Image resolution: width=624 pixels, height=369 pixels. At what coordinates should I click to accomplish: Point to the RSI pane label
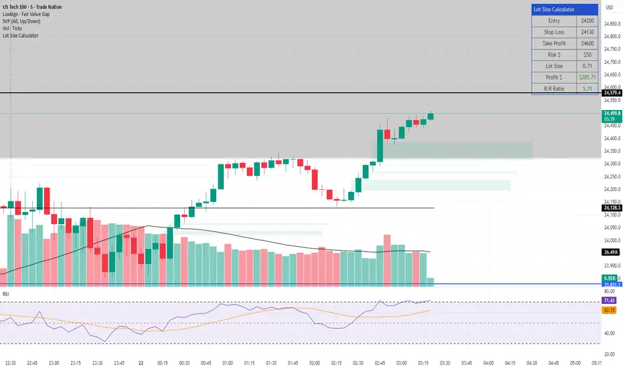click(6, 293)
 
